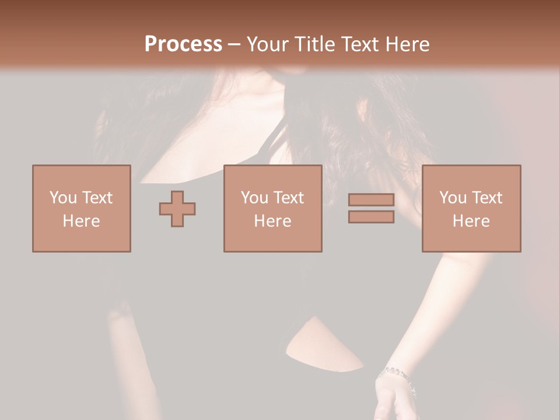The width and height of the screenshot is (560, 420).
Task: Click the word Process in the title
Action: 183,44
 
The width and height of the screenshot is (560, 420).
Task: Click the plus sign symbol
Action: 177,209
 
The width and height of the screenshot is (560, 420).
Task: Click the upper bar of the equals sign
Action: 371,199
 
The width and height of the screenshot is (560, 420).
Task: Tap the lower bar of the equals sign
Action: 371,217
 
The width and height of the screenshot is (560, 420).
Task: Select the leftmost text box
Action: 82,208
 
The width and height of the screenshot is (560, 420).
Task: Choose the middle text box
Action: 272,208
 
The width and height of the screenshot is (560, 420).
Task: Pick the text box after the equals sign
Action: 471,208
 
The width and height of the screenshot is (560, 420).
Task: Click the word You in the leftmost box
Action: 62,198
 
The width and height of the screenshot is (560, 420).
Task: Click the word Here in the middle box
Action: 272,221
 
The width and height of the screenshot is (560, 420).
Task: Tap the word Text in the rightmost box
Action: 487,198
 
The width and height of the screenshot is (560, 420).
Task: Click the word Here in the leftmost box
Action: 82,221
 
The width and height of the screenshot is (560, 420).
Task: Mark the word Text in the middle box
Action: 289,198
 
